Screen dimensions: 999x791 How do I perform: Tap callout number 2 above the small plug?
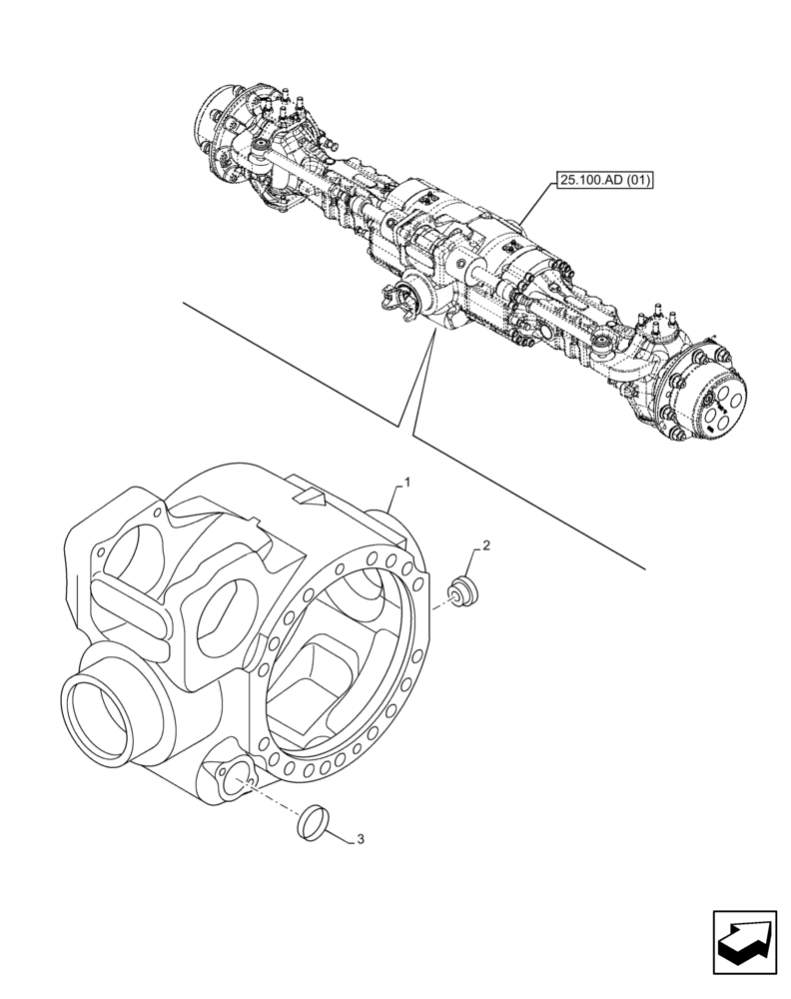pos(485,545)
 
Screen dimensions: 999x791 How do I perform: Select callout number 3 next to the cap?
pos(360,839)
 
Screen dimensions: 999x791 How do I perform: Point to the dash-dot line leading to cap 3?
pos(275,801)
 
